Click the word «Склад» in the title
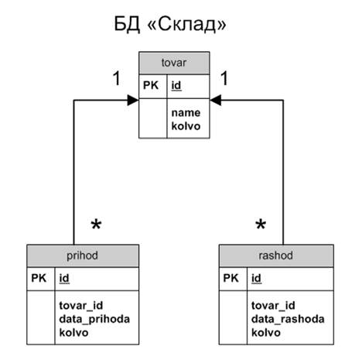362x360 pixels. coord(187,24)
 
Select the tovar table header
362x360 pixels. coord(174,63)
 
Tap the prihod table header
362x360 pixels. coord(83,255)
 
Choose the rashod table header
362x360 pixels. coord(276,255)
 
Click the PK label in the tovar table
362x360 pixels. coord(151,85)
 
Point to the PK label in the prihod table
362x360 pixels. coord(39,278)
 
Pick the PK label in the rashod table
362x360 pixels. coord(231,278)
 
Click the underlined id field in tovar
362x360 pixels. coord(176,85)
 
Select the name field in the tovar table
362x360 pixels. coord(186,113)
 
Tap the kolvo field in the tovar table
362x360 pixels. coord(186,126)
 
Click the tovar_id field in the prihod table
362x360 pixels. coord(81,306)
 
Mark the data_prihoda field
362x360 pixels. coord(94,320)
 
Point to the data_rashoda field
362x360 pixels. coord(288,320)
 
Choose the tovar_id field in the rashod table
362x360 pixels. coord(273,306)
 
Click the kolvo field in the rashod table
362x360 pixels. coord(266,333)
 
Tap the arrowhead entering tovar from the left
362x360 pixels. coord(133,100)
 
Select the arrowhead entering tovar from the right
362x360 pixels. coord(216,100)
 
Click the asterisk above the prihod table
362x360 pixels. coord(96,224)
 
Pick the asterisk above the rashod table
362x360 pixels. coord(261,224)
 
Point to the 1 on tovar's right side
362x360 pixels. coord(224,78)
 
